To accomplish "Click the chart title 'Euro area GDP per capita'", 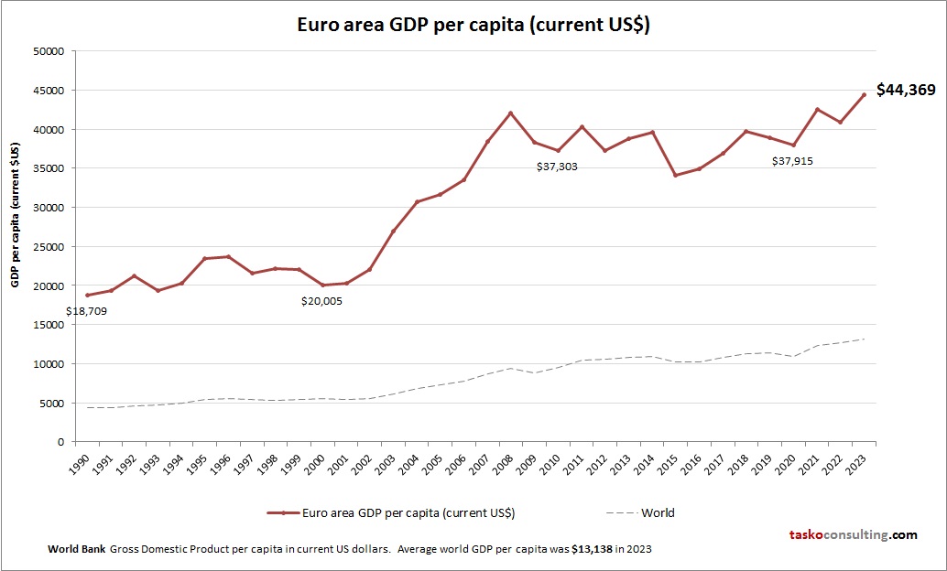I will click(473, 25).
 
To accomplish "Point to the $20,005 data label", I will click(322, 300).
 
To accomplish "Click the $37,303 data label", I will click(557, 167).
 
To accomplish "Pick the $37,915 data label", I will click(792, 161).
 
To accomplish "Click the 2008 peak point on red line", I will click(511, 113).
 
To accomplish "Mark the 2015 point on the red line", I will click(675, 175).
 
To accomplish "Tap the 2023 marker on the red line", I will click(863, 95).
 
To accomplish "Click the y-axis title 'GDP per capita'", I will click(16, 214).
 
